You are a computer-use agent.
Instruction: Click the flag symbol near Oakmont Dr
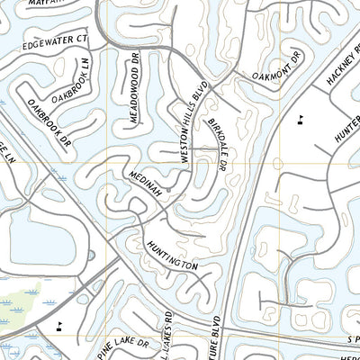(x=300, y=118)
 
